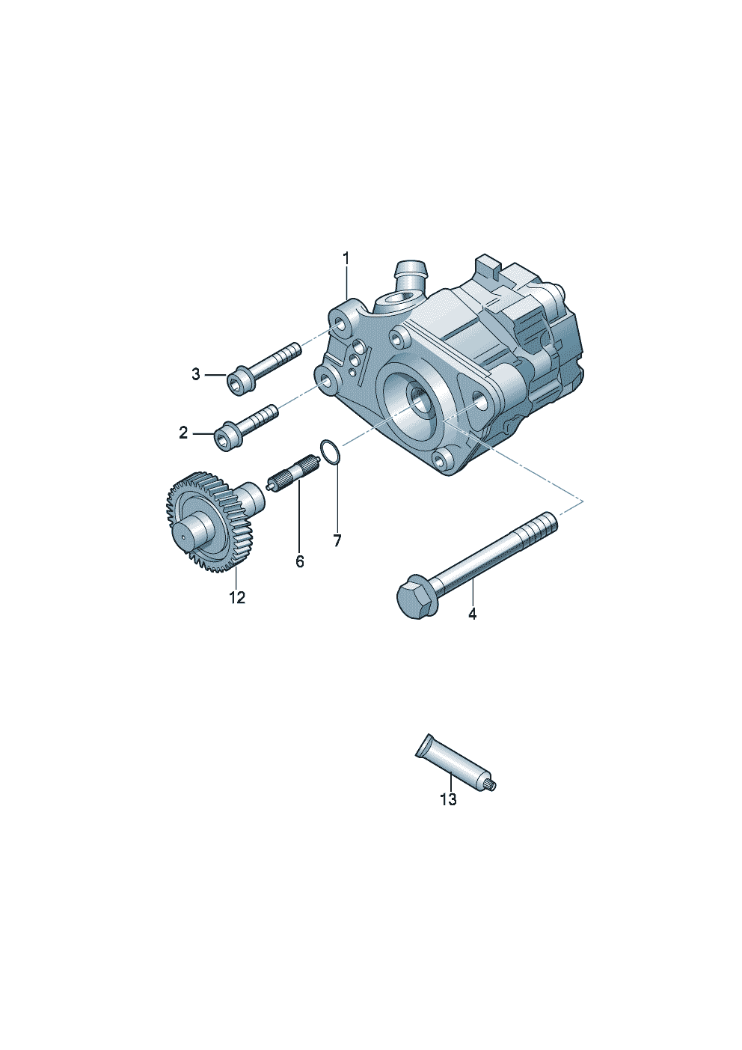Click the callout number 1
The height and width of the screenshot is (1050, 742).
tap(346, 258)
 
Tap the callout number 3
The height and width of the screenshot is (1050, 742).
tap(195, 374)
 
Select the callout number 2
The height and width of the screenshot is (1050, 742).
tap(183, 433)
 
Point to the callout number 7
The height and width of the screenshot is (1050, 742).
tap(337, 540)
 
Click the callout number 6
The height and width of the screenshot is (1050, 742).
tap(300, 561)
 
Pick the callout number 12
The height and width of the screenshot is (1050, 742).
tap(237, 598)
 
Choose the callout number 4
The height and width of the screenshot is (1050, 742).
tap(472, 614)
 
